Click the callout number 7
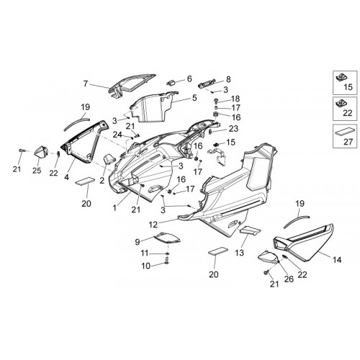[x=86, y=84]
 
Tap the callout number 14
[x=337, y=260]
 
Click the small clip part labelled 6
[x=171, y=82]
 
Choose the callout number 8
[x=228, y=79]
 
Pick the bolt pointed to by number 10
[x=167, y=261]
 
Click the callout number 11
[x=145, y=253]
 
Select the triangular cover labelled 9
[x=167, y=238]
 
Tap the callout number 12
[x=153, y=225]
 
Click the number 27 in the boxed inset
[x=348, y=142]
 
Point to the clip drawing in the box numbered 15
[x=341, y=78]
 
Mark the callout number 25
[x=37, y=171]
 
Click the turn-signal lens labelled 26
[x=269, y=257]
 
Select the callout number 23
[x=233, y=129]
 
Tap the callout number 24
[x=117, y=135]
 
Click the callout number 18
[x=235, y=99]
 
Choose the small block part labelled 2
[x=109, y=159]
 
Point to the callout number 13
[x=240, y=252]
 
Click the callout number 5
[x=194, y=98]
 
